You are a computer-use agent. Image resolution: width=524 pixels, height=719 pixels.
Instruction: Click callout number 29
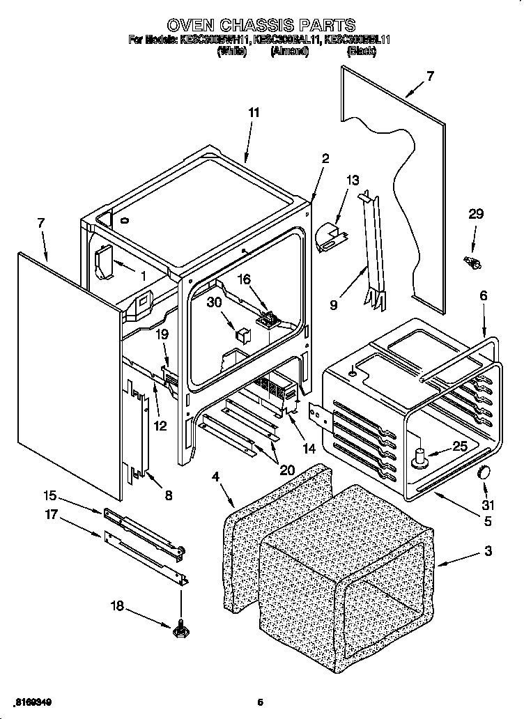coord(476,215)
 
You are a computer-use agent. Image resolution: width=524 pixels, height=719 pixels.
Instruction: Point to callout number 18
coord(117,606)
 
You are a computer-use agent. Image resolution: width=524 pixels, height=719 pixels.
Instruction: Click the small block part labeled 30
coord(242,334)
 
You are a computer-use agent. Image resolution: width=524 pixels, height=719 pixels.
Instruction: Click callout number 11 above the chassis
coord(254,111)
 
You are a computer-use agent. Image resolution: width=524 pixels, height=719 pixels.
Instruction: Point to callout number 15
coord(49,496)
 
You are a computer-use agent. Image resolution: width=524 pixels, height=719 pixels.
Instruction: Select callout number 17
coord(49,517)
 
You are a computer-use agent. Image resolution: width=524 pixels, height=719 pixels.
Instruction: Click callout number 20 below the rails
coord(286,470)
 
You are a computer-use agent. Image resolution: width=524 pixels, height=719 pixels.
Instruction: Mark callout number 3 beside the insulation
coord(487,551)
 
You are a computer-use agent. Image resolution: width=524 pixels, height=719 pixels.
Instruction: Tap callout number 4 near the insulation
coord(215,477)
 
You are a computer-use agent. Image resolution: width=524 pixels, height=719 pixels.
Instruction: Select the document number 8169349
coord(33,702)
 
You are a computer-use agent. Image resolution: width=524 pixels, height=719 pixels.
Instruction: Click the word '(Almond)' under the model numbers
coord(290,52)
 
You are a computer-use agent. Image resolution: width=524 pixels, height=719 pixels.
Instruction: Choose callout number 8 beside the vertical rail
coord(168,496)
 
